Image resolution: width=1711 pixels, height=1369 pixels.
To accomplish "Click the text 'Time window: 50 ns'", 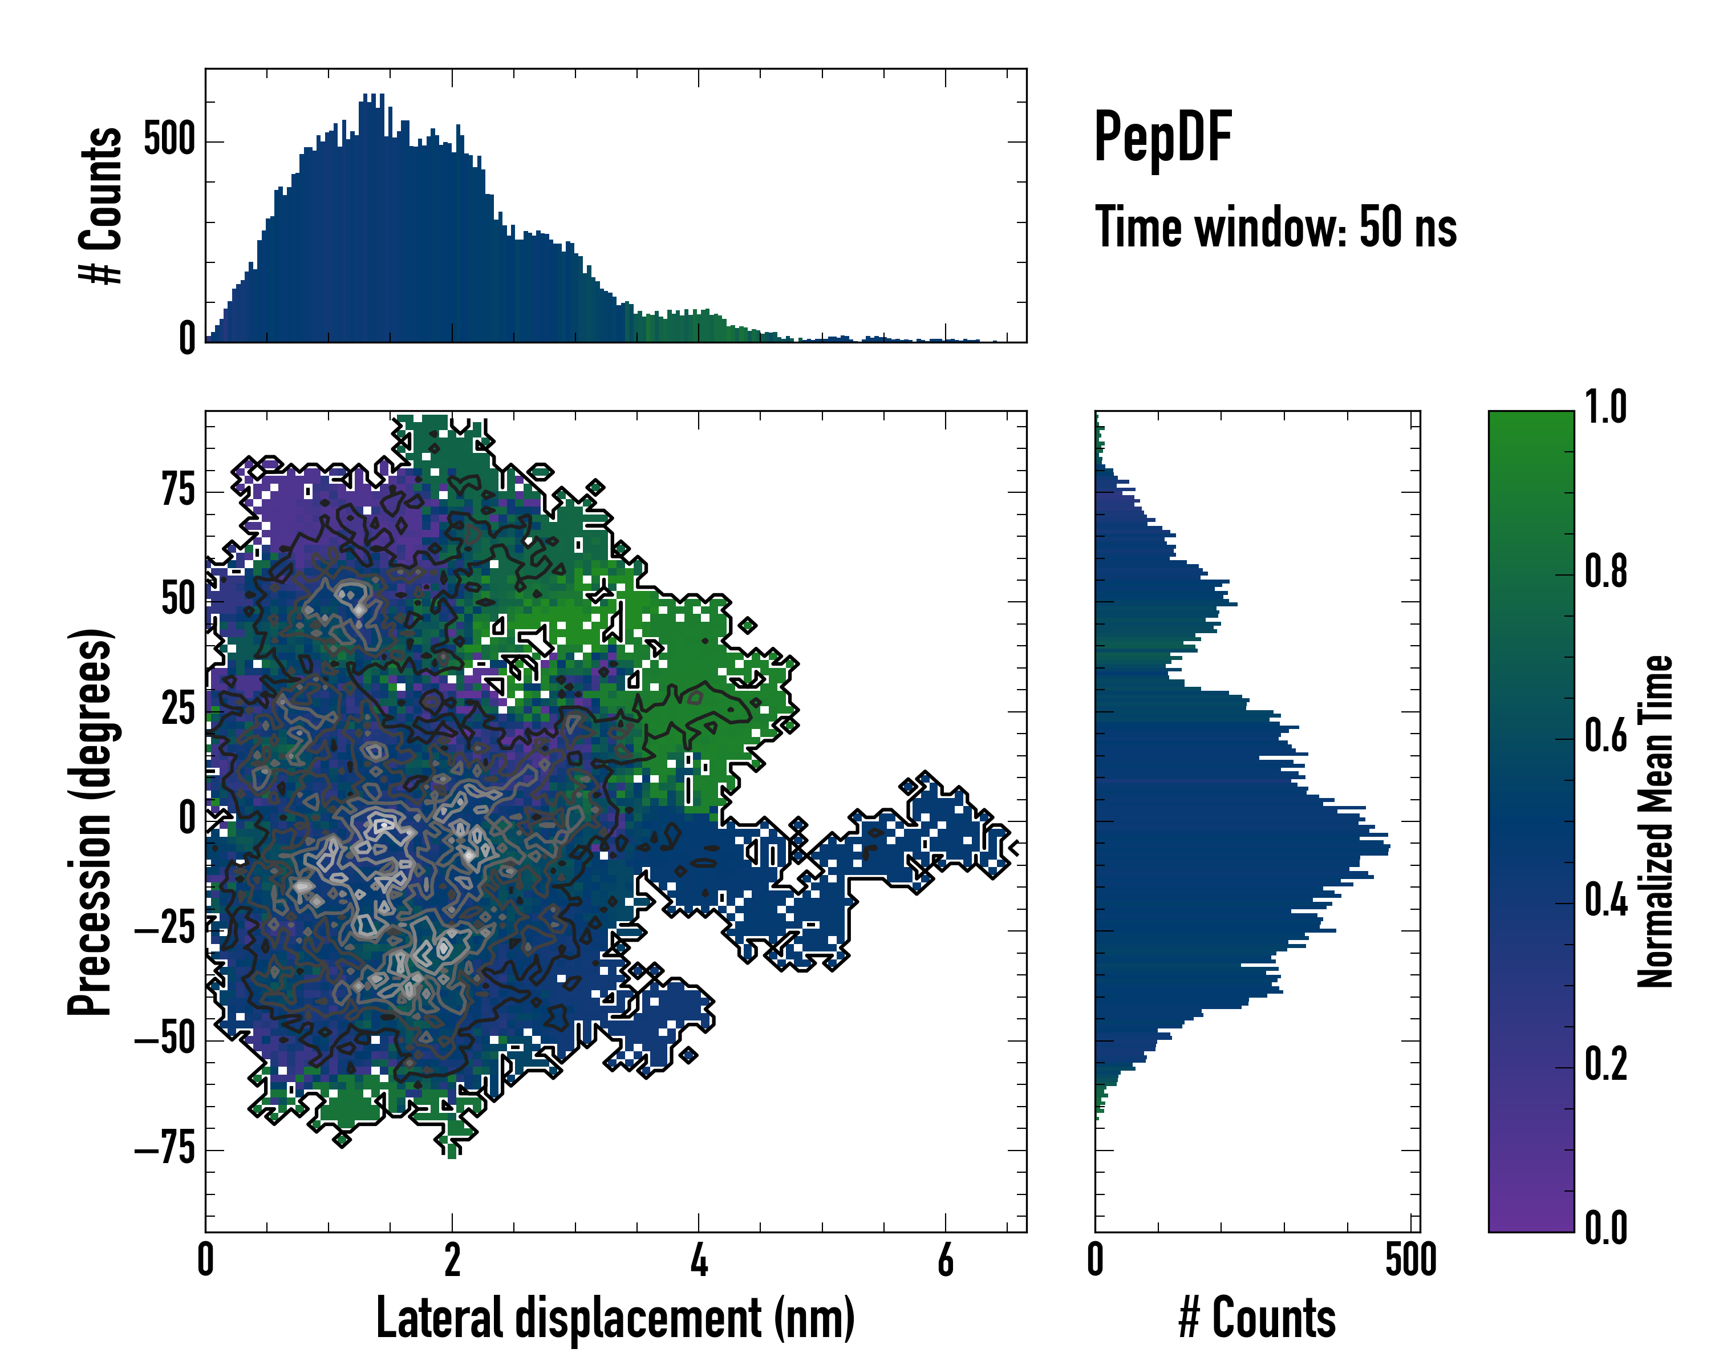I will point(1275,228).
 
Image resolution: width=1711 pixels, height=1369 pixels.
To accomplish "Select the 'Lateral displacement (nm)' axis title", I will point(615,1318).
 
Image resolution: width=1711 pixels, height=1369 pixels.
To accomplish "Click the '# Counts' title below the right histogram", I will point(1257,1318).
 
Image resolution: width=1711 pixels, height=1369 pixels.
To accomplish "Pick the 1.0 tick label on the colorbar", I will point(1605,408).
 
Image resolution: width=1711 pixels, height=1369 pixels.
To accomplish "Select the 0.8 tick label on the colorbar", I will point(1605,572).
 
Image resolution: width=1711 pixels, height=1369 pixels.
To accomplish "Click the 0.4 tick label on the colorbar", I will point(1605,901).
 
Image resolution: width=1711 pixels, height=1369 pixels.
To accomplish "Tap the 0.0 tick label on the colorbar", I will point(1605,1228).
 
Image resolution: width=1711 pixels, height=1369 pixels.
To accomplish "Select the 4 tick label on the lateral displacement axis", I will point(698,1260).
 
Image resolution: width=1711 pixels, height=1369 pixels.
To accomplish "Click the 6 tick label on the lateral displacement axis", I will point(945,1260).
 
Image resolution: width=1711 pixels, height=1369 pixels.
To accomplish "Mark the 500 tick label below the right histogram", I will point(1411,1260).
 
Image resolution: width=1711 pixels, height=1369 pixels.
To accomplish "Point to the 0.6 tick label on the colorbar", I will point(1605,736).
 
